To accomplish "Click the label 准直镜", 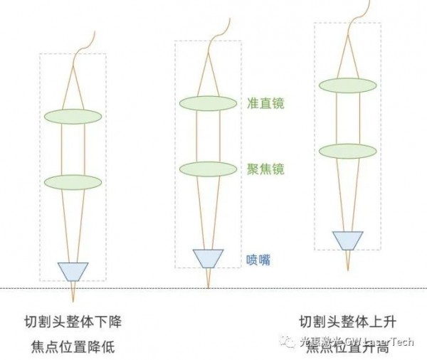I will [264, 104].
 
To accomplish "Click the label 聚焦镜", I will [264, 169].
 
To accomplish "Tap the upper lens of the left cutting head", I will [73, 116].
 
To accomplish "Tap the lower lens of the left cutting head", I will [73, 181].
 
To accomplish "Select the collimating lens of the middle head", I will [208, 104].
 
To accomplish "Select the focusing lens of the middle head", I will [208, 169].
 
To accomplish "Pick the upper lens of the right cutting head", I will [348, 85].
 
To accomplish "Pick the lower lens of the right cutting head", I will [348, 151].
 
